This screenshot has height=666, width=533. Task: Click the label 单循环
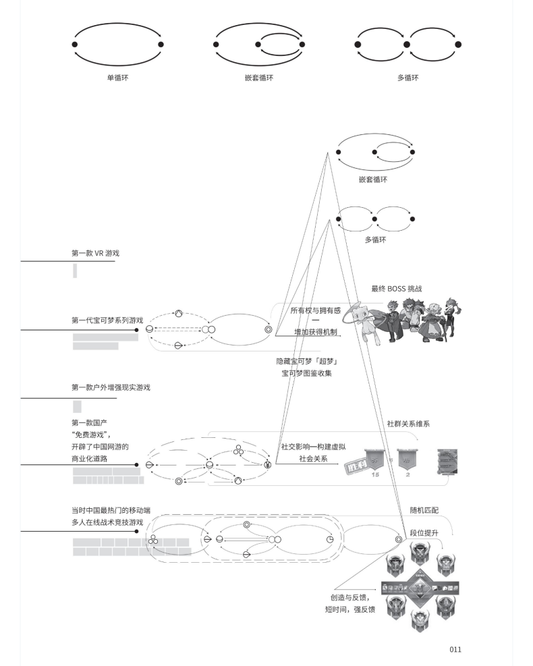coord(117,78)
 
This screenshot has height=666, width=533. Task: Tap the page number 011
coord(455,649)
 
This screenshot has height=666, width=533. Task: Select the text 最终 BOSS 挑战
coord(397,289)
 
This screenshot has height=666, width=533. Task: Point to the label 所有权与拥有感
coord(315,310)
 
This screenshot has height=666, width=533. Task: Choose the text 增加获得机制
coord(315,332)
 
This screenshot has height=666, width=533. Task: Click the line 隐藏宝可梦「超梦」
coord(306,361)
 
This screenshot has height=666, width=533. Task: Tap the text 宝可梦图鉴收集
coord(306,372)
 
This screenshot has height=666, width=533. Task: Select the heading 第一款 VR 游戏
coord(99,254)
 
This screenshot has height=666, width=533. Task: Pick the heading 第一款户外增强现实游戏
coord(111,387)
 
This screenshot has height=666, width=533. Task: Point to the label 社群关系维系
coord(408,424)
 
